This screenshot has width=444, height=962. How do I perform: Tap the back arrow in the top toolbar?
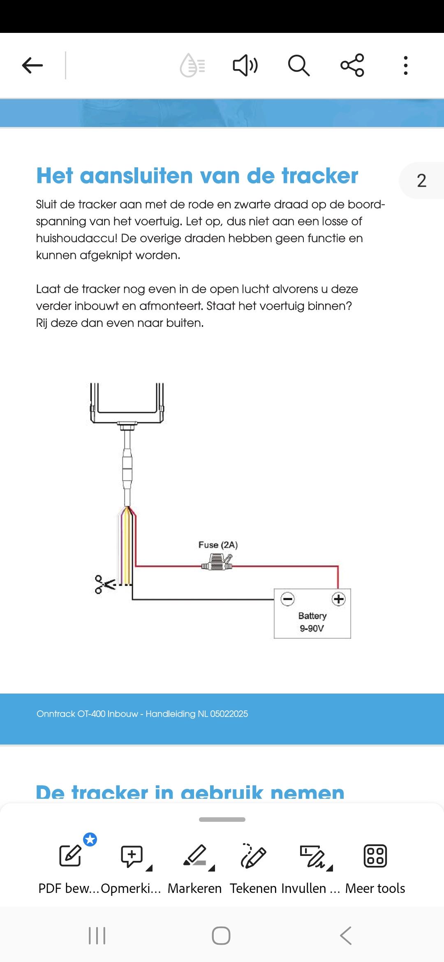tap(32, 65)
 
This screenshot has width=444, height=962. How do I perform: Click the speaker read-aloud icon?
tap(245, 65)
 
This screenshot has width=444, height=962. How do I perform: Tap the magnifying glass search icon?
tap(298, 65)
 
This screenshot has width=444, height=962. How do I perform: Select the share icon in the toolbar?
tap(352, 65)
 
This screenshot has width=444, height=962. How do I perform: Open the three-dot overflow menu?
tap(406, 65)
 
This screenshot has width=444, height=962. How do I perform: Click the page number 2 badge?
tap(421, 180)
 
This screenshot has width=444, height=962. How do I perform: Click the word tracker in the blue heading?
tap(320, 176)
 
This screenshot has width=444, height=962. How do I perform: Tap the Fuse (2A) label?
tap(218, 545)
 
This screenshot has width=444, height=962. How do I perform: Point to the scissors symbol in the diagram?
tap(104, 584)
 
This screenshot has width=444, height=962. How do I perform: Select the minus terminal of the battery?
tap(288, 599)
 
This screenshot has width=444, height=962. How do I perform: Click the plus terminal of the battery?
tap(339, 599)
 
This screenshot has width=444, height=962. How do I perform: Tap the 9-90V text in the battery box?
tap(312, 628)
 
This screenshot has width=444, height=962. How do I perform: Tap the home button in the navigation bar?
tap(221, 936)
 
